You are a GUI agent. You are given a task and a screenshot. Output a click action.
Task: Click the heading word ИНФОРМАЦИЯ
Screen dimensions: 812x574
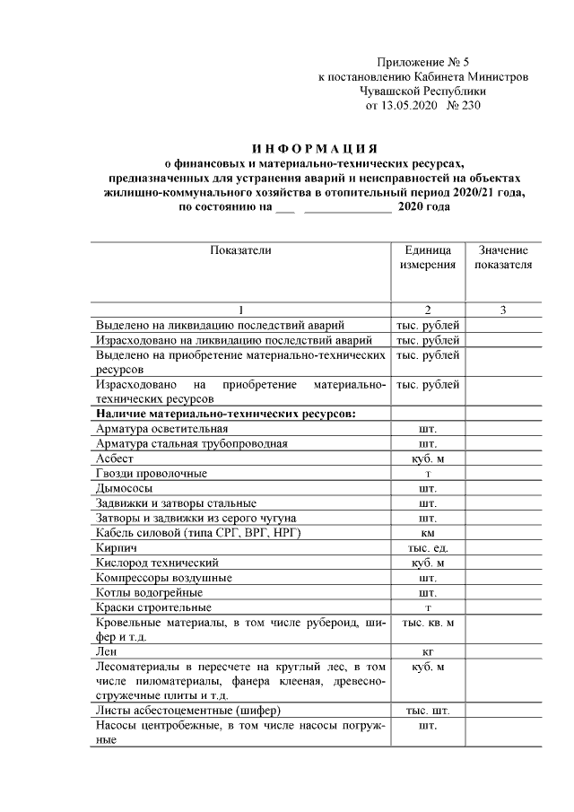[313, 147]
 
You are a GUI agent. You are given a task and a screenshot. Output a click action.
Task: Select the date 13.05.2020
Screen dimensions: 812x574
[411, 106]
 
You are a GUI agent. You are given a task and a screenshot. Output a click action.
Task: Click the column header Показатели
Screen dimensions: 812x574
[240, 250]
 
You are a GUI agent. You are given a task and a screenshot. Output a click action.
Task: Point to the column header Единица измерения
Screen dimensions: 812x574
[427, 258]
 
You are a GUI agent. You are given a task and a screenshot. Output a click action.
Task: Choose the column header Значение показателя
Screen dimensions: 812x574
[503, 258]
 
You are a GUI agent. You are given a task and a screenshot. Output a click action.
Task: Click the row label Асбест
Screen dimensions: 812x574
[112, 458]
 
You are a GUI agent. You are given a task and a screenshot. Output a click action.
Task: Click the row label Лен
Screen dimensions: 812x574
[106, 651]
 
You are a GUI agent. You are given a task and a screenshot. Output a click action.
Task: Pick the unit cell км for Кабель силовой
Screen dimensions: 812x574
[427, 532]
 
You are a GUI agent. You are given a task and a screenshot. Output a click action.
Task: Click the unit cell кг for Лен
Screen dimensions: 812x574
[427, 651]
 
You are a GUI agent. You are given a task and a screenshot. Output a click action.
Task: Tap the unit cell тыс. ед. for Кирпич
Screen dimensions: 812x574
[427, 546]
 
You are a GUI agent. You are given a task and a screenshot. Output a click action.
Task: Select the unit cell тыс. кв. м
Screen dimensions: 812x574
[427, 622]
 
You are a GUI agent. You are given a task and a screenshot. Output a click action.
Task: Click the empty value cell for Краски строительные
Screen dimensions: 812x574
[503, 607]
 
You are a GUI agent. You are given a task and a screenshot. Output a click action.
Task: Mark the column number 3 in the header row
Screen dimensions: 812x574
[503, 310]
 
